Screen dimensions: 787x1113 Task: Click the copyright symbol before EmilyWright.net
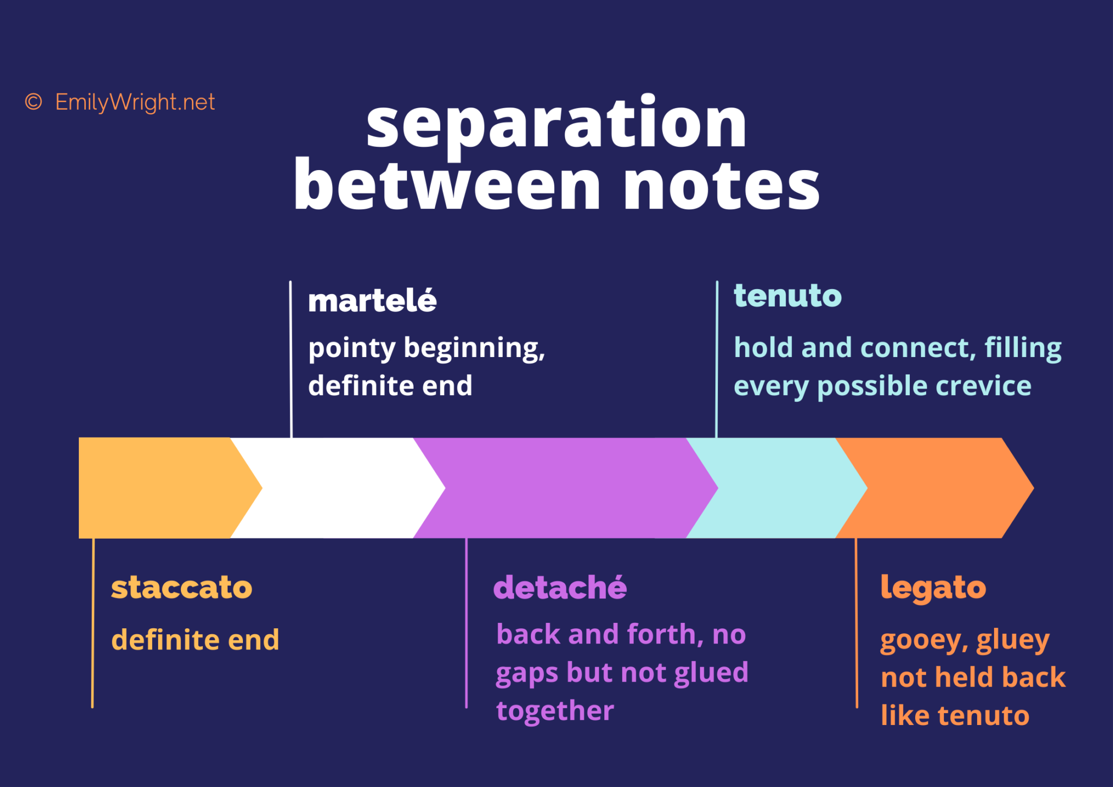tap(34, 102)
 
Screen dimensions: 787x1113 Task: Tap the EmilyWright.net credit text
tap(135, 102)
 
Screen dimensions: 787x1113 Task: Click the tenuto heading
tap(787, 296)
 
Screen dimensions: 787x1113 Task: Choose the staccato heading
tap(182, 588)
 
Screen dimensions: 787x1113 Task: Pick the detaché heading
tap(560, 588)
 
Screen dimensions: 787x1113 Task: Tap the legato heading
tap(933, 588)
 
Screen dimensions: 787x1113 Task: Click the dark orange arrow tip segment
tap(940, 488)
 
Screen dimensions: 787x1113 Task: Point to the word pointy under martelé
tap(352, 349)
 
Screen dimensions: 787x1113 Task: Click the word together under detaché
tap(555, 710)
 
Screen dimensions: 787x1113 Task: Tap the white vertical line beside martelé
tap(291, 359)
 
